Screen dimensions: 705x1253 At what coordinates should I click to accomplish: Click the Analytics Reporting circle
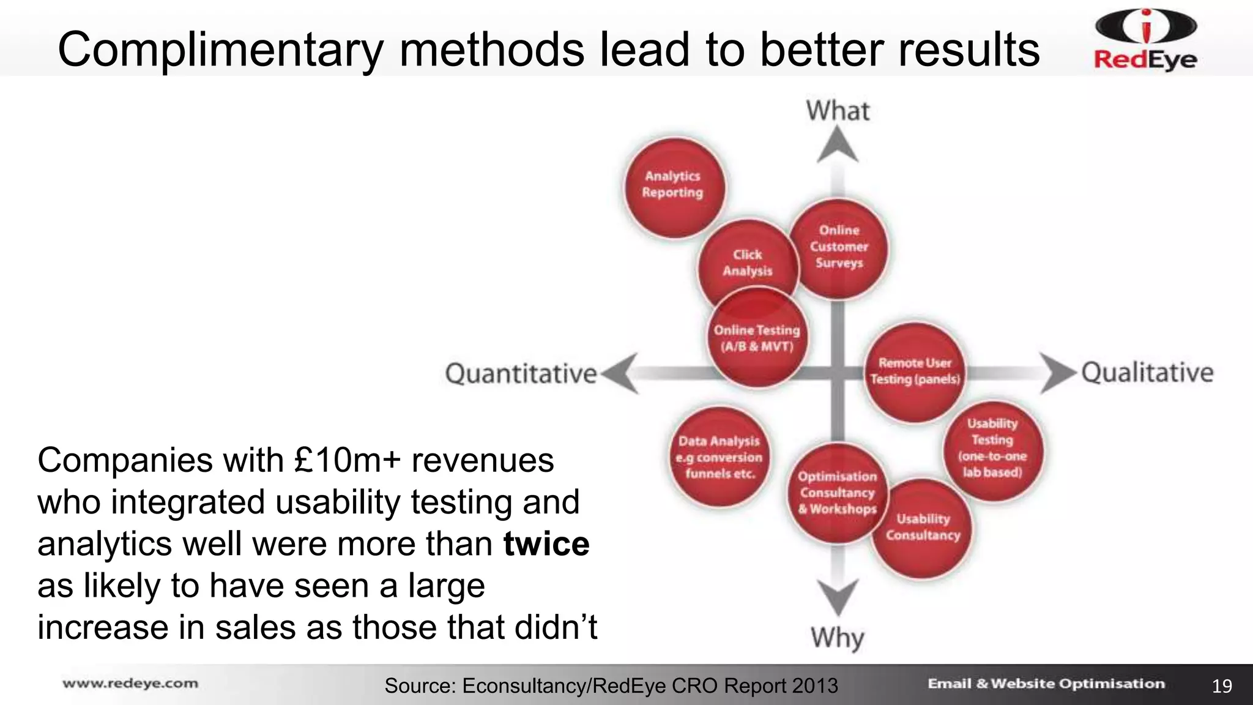674,186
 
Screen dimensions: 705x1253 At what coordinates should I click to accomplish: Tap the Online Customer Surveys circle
839,247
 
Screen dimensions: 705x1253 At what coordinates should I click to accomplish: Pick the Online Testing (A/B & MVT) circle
757,338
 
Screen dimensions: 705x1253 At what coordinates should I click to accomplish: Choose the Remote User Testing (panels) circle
915,371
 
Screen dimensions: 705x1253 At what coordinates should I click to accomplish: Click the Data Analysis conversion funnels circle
719,457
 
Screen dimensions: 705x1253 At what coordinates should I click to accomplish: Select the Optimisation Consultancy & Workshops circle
837,493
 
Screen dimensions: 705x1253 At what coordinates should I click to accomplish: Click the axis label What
838,111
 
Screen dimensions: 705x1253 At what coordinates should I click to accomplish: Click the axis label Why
838,638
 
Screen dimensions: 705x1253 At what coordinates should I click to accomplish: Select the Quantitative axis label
521,373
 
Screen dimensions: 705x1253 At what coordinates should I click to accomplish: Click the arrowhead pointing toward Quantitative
620,373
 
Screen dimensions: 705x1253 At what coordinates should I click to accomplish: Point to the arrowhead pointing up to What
838,147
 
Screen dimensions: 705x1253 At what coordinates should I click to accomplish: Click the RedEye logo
1145,40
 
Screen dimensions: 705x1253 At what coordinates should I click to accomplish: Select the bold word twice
546,543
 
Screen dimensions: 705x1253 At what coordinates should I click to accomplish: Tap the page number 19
1222,686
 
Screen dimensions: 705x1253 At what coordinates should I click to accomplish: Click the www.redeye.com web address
130,684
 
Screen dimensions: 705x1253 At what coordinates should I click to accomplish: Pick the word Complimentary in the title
220,50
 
